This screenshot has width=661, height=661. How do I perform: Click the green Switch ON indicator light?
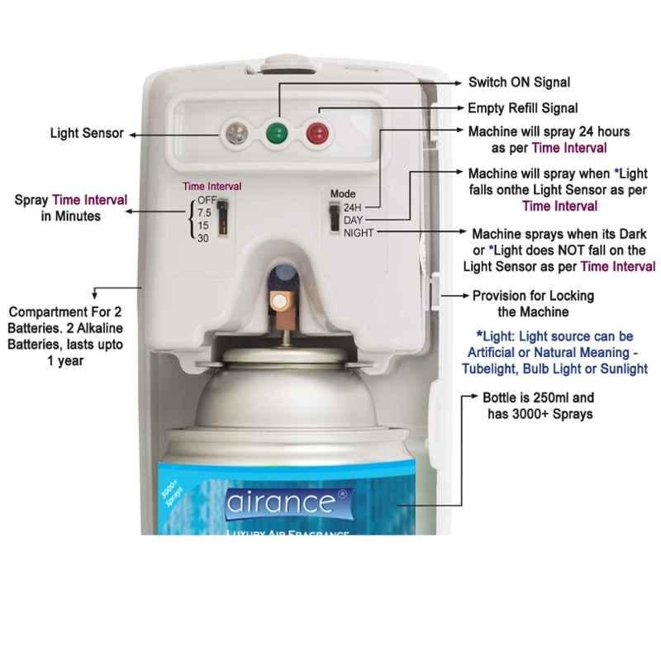coord(277,133)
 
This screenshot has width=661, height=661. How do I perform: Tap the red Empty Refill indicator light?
coord(317,133)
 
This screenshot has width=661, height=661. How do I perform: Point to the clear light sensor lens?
coord(236,133)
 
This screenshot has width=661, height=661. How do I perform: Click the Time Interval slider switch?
coord(222,217)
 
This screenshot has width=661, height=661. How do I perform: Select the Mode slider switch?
coord(335,216)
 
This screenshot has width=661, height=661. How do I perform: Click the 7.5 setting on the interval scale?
coord(204,212)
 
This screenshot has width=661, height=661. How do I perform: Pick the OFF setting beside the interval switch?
coord(207,200)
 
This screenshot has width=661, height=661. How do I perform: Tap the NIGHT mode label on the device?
coord(359,233)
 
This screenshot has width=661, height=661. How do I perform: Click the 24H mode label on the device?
coord(353,207)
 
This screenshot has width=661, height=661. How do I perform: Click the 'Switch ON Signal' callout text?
coord(520,82)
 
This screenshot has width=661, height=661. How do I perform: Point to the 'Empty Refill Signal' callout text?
coord(523,108)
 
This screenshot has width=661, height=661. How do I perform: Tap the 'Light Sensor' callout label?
coord(87,133)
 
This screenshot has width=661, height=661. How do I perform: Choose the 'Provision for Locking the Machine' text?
coord(533,304)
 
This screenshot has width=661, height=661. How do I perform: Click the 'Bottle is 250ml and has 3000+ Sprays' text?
coord(539,406)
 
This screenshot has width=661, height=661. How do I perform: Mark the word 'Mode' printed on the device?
coord(343,194)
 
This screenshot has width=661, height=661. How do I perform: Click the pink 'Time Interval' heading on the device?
coord(212,187)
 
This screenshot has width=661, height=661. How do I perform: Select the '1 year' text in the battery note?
coord(65,361)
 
